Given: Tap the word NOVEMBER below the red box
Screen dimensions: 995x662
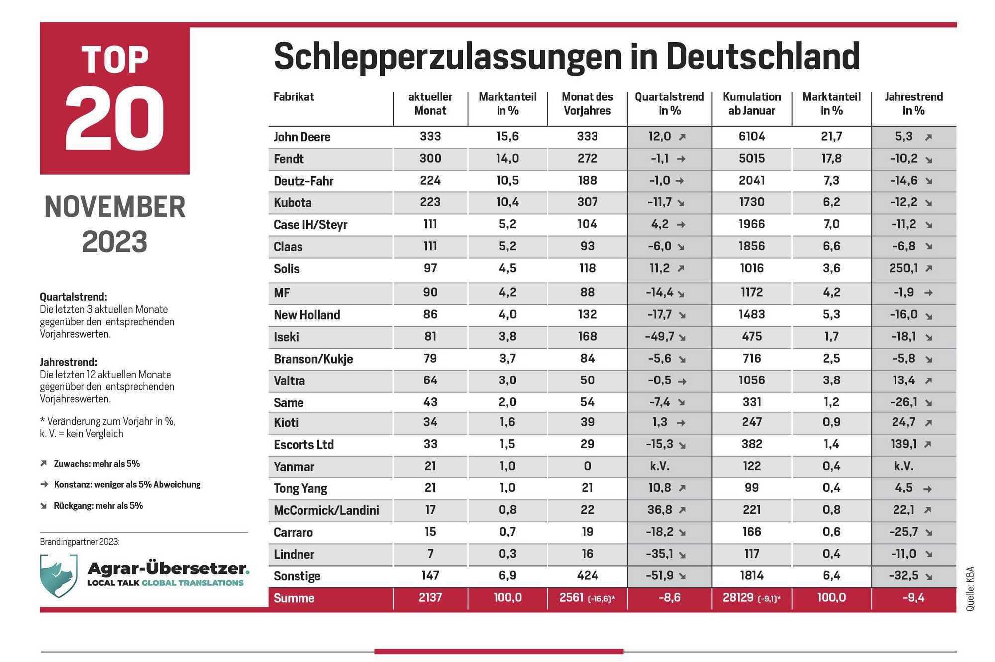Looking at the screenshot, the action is pyautogui.click(x=115, y=207).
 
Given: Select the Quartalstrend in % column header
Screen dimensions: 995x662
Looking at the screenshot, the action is pyautogui.click(x=669, y=103).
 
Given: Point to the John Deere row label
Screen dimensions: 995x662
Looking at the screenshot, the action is pyautogui.click(x=302, y=137).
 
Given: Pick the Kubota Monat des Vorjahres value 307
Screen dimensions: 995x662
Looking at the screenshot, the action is pyautogui.click(x=587, y=202).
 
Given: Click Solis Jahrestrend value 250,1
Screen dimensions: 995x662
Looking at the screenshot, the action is pyautogui.click(x=903, y=268).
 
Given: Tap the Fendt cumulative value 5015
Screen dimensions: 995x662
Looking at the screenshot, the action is pyautogui.click(x=752, y=159).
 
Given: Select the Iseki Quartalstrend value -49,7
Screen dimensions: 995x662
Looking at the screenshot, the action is pyautogui.click(x=660, y=337).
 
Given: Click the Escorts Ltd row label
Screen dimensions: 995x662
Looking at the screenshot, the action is pyautogui.click(x=303, y=445).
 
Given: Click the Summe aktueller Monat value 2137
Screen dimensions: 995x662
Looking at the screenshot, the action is pyautogui.click(x=430, y=597).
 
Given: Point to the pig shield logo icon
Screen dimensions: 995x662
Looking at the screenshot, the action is pyautogui.click(x=59, y=575).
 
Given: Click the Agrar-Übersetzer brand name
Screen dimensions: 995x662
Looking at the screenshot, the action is pyautogui.click(x=168, y=568).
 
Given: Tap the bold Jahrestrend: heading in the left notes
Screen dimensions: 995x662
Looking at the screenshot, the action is pyautogui.click(x=68, y=362).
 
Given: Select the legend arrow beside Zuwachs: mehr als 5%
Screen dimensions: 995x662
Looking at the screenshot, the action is pyautogui.click(x=44, y=464).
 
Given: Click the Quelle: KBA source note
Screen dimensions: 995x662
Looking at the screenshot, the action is pyautogui.click(x=970, y=589).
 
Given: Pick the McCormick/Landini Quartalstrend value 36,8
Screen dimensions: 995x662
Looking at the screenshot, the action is pyautogui.click(x=660, y=510).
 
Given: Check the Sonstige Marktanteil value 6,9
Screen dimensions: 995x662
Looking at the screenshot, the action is pyautogui.click(x=507, y=576).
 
